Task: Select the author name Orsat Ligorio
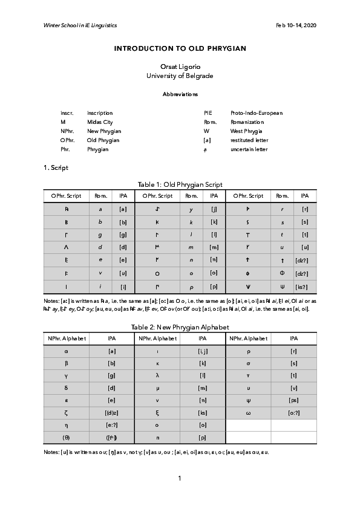[x=180, y=66]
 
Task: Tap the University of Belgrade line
[x=180, y=76]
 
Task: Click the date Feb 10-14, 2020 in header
[x=296, y=25]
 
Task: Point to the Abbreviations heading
[x=180, y=95]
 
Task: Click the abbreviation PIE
[x=208, y=113]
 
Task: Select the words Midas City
[x=100, y=122]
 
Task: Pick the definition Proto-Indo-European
[x=257, y=113]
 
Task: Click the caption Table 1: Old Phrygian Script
[x=180, y=184]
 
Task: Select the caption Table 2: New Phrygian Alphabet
[x=180, y=327]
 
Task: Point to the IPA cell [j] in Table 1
[x=214, y=209]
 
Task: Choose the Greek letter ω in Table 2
[x=248, y=413]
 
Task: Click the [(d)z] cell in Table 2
[x=111, y=413]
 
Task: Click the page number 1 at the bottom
[x=180, y=479]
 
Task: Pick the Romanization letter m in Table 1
[x=191, y=248]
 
